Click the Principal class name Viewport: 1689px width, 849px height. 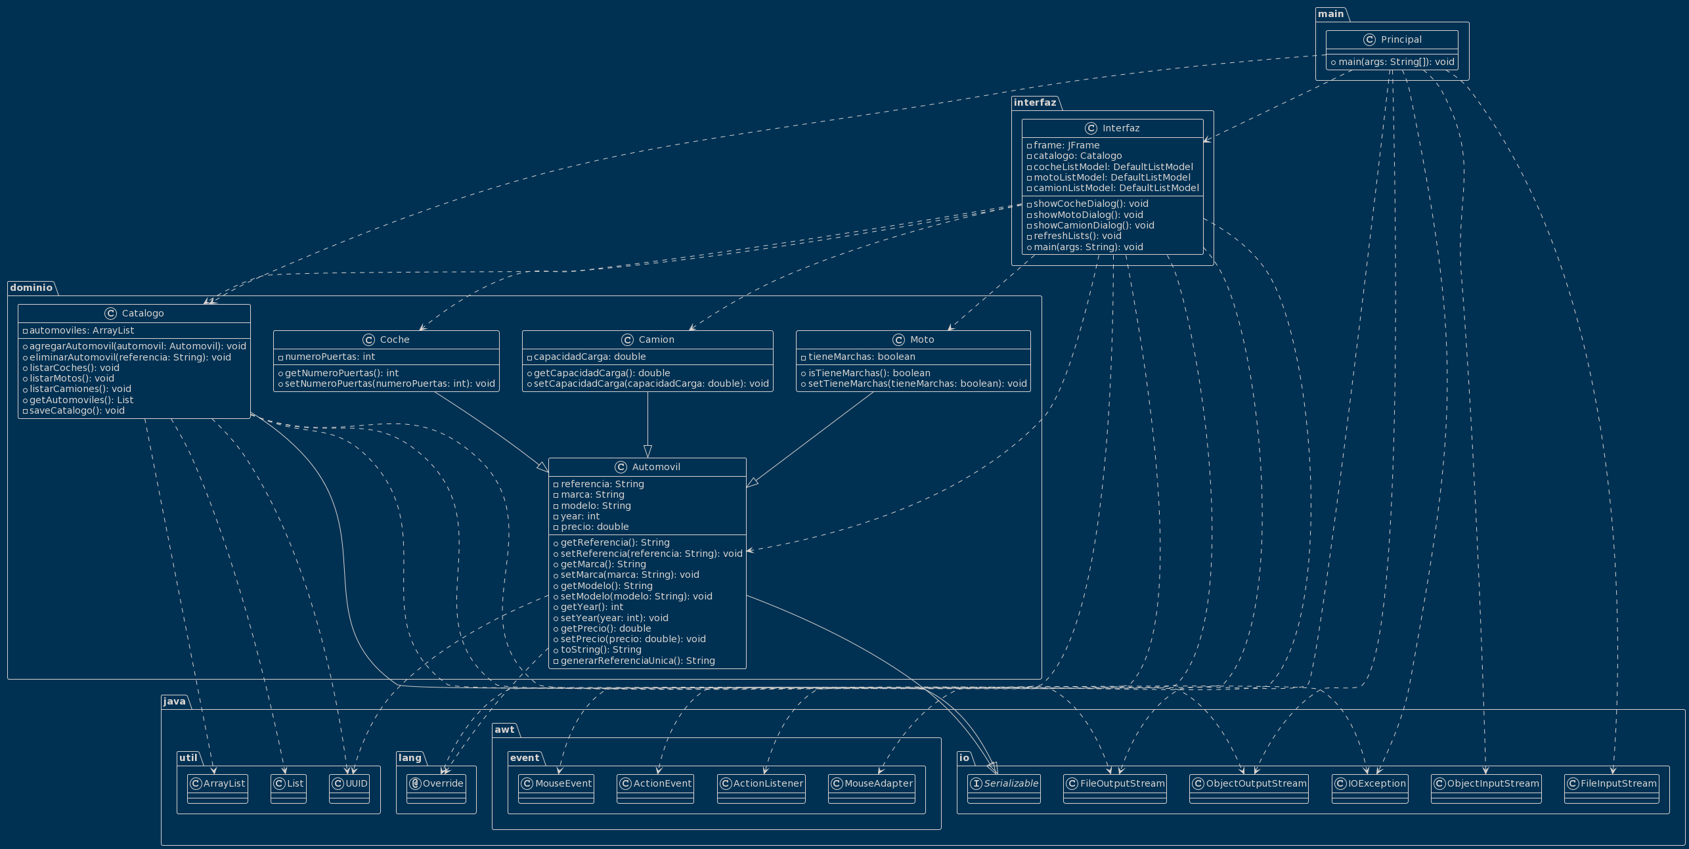[1401, 40]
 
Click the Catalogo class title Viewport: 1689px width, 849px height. [143, 314]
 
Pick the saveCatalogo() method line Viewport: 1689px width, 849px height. [77, 411]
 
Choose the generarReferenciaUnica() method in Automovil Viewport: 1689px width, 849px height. [637, 661]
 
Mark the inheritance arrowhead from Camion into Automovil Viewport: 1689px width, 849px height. [647, 452]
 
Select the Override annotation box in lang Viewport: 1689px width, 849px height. [437, 784]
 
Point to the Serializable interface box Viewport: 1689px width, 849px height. [1004, 784]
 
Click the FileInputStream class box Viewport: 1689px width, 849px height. [1612, 784]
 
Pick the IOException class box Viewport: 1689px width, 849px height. [1370, 784]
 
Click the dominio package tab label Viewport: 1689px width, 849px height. [32, 288]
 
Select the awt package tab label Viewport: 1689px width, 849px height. [505, 729]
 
